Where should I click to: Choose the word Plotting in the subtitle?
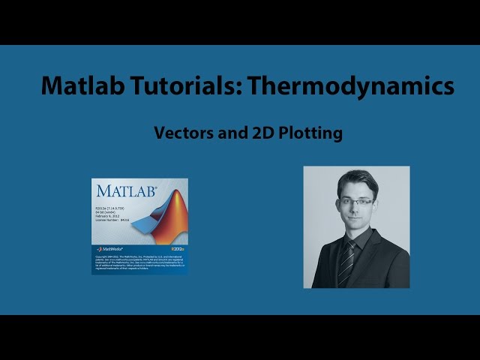[x=311, y=133]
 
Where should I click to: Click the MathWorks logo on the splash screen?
[x=109, y=248]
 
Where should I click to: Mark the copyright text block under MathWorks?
[x=139, y=262]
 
